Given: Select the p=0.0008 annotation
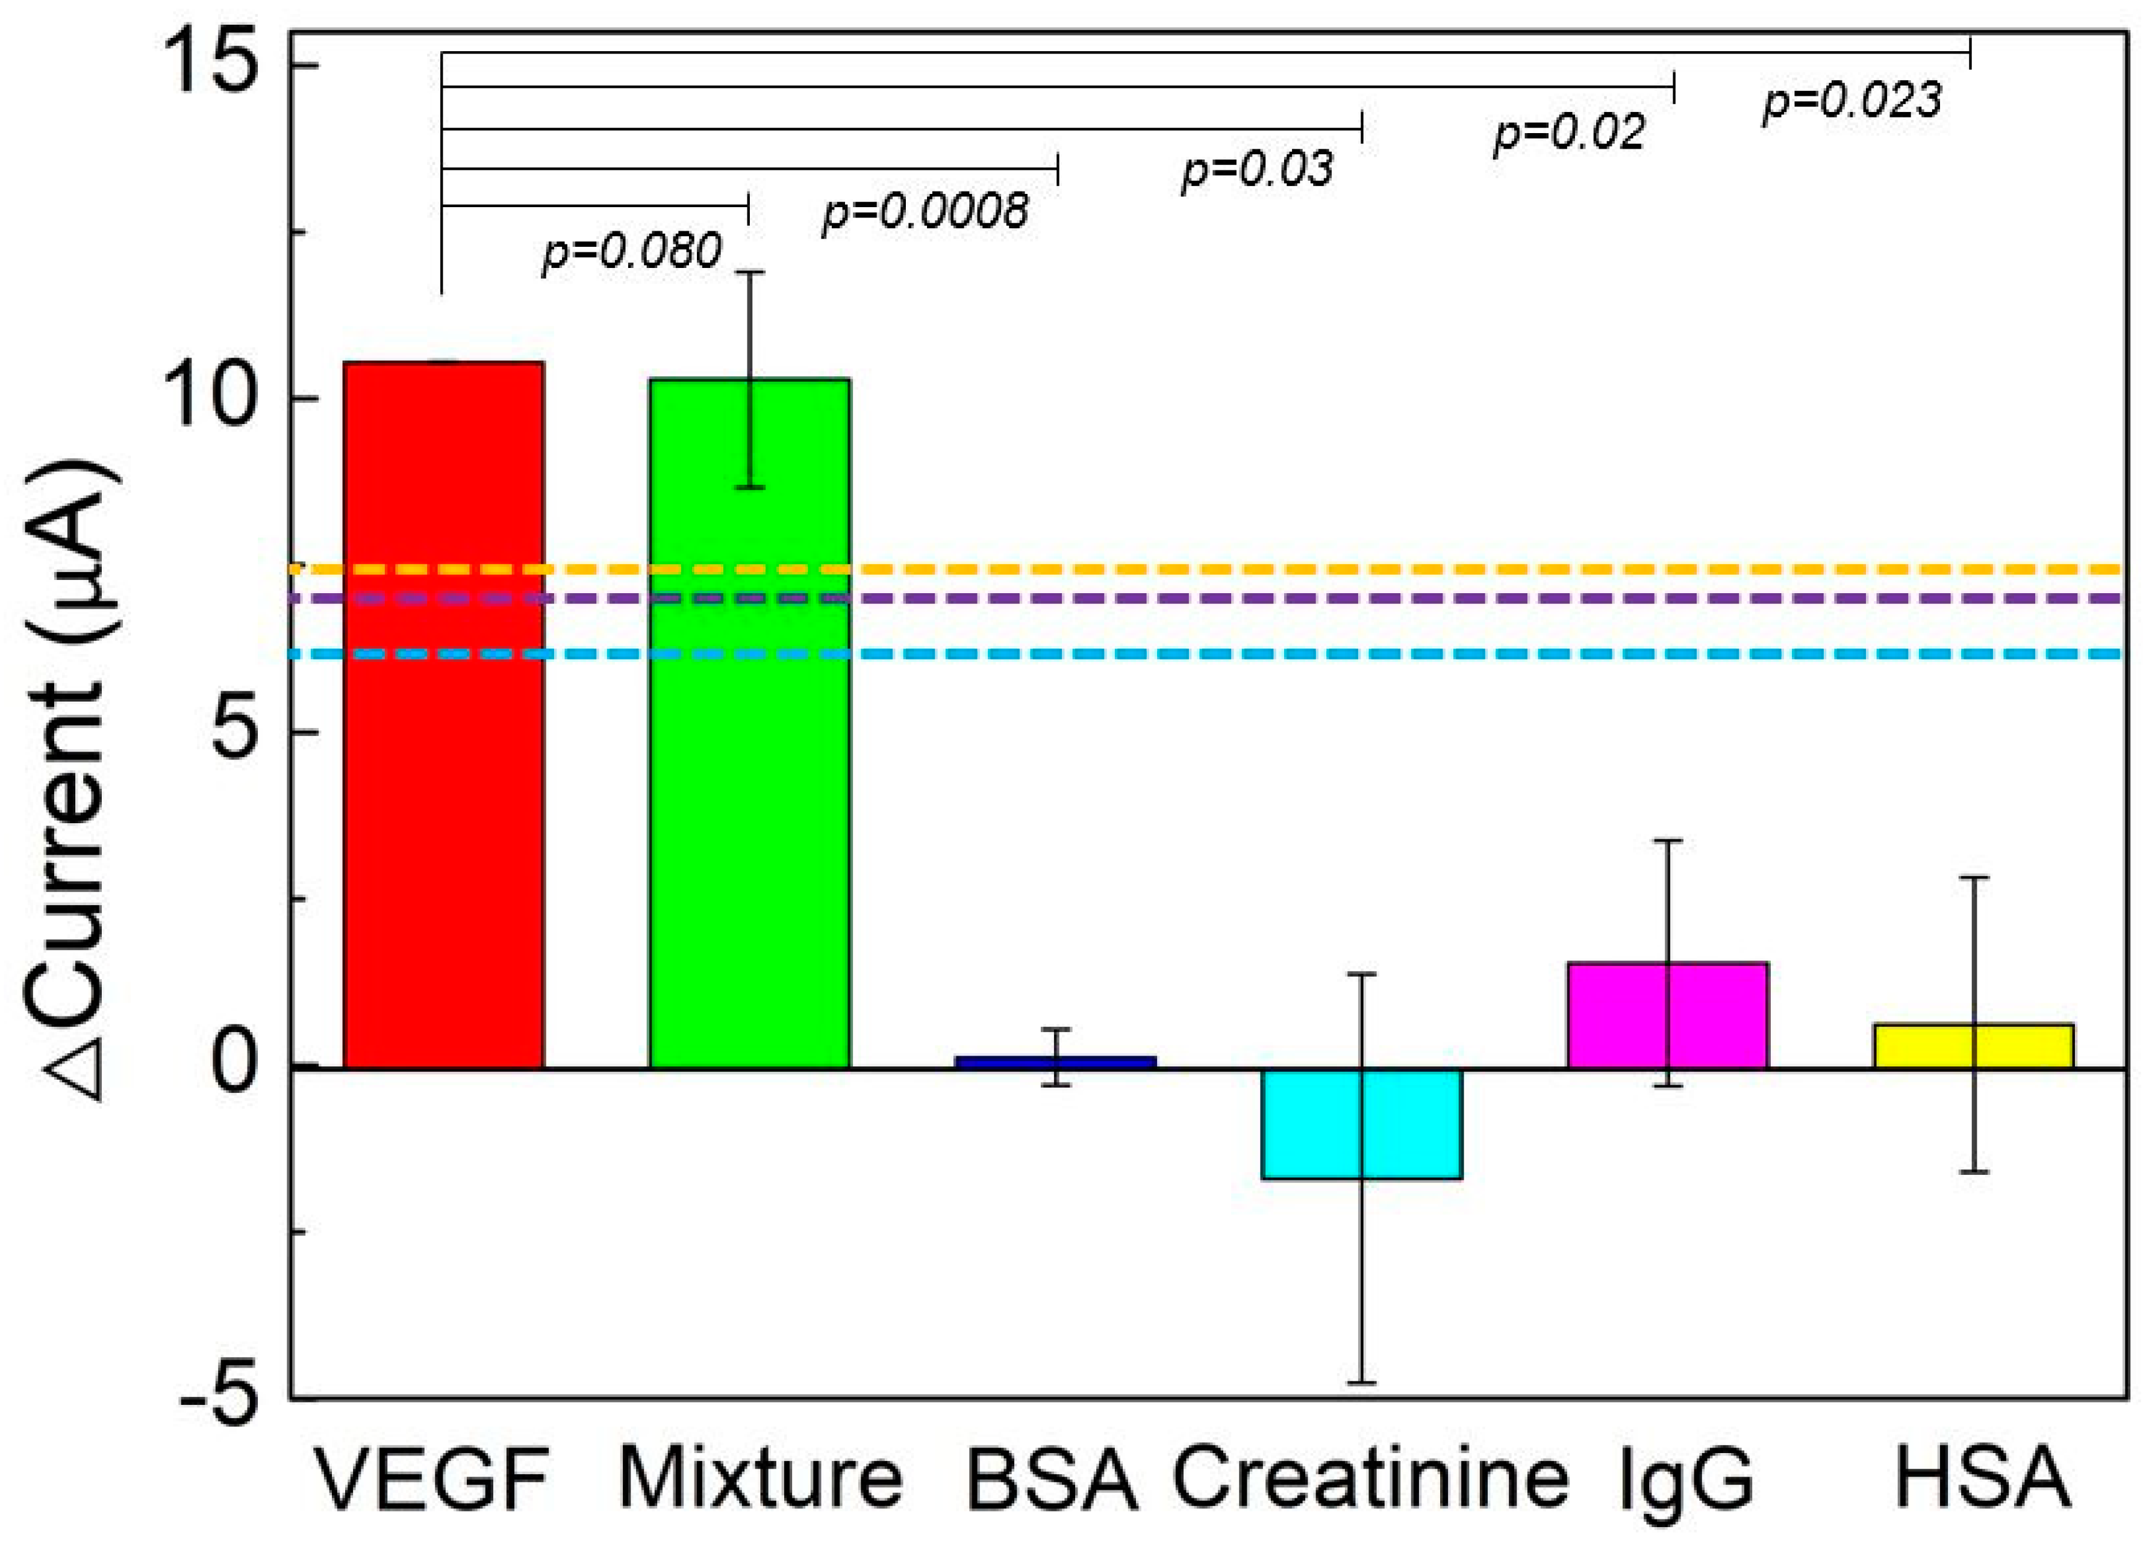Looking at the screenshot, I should click(x=924, y=211).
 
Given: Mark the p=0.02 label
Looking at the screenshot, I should click(x=1568, y=132).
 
